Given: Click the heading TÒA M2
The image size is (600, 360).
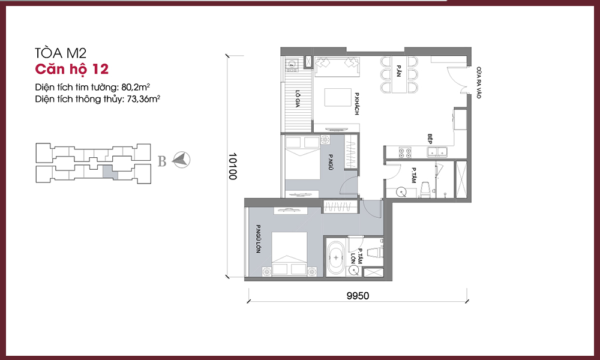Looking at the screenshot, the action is pos(61,53).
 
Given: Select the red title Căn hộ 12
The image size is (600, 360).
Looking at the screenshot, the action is pos(71,69).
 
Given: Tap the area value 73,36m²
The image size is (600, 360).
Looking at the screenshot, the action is pos(143,99).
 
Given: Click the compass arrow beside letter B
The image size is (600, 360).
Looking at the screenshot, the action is pos(181,160).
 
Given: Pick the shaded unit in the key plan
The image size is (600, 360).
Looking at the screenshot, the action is pos(108,172).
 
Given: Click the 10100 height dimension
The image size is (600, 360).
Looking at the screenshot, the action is pos(233,166).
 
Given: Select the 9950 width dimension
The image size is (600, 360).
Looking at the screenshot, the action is pos(358,296).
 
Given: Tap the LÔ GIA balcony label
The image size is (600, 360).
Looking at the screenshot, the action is pos(298,99).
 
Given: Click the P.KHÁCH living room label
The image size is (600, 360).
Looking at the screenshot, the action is pos(356,104).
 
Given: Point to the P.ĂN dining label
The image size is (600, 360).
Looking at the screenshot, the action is pos(399,71).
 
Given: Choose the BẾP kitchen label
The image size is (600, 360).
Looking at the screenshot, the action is pos(430,139).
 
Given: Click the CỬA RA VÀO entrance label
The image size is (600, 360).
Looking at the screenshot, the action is pos(479,83).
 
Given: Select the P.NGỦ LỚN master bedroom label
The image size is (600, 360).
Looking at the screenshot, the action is pos(258,239).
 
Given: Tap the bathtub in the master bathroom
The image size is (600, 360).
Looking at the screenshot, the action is pos(337,257).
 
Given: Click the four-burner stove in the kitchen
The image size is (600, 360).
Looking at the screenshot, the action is pos(405,152).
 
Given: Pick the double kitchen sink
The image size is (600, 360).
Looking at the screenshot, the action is pos(438,152).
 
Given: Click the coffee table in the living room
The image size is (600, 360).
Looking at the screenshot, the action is pos(338,98).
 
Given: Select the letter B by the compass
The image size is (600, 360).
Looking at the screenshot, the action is pos(162,161).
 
